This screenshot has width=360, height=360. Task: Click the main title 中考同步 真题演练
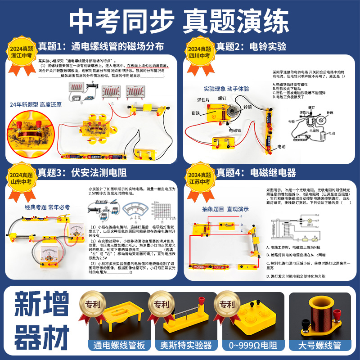click(x=180, y=21)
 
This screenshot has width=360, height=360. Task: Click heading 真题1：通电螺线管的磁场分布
click(x=101, y=46)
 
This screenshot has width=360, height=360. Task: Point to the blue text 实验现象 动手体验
click(x=226, y=89)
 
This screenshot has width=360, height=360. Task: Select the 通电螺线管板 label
click(x=114, y=347)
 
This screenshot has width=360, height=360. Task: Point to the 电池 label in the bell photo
click(x=281, y=147)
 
